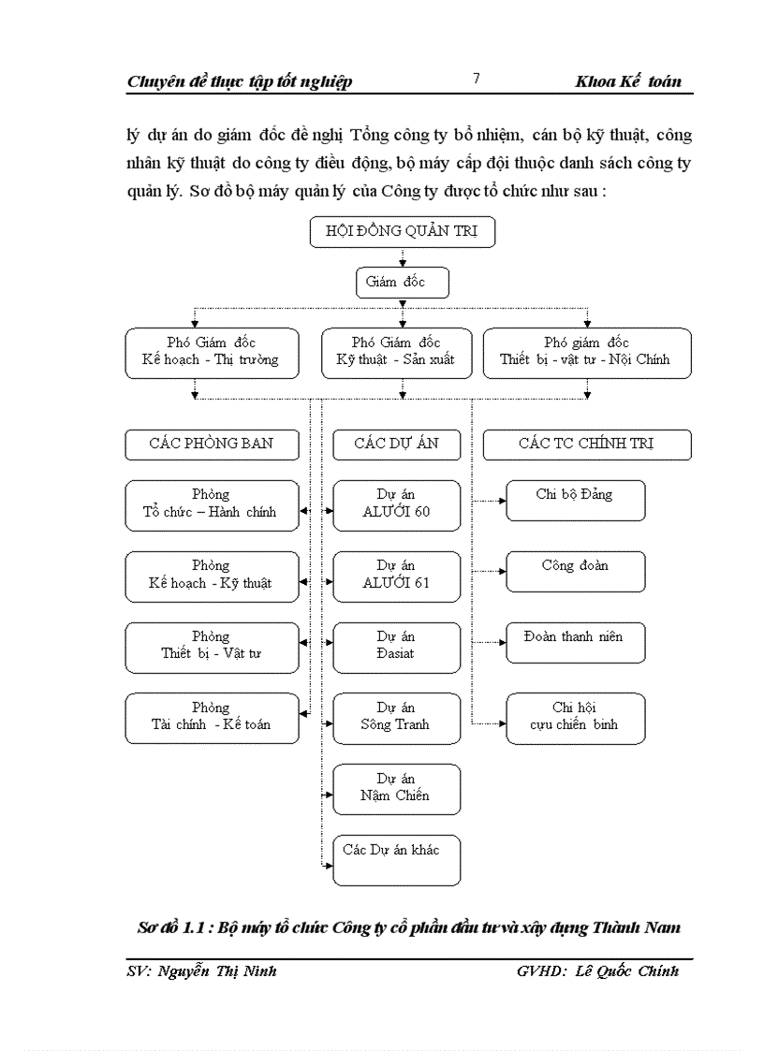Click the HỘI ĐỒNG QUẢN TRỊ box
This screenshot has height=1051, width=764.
[402, 232]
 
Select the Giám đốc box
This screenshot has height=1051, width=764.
[402, 283]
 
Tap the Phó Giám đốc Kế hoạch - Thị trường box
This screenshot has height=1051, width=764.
[212, 352]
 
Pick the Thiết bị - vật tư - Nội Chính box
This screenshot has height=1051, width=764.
[587, 352]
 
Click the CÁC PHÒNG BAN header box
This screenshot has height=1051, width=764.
[212, 445]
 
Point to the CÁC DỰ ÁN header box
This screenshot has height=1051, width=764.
[397, 445]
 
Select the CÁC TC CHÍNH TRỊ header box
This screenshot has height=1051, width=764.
[587, 445]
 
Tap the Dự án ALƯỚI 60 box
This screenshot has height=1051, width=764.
[397, 504]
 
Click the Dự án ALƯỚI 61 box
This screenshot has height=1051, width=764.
[397, 576]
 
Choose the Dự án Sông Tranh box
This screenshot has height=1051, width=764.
[397, 718]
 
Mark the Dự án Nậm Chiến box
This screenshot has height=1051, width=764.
[397, 788]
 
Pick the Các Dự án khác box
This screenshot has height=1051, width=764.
[397, 859]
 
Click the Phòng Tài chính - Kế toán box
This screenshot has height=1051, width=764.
[212, 718]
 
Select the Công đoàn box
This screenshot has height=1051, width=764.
[575, 571]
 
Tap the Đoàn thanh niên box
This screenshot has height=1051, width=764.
[575, 642]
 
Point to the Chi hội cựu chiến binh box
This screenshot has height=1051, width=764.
[575, 718]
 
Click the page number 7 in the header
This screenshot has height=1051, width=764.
[476, 80]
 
